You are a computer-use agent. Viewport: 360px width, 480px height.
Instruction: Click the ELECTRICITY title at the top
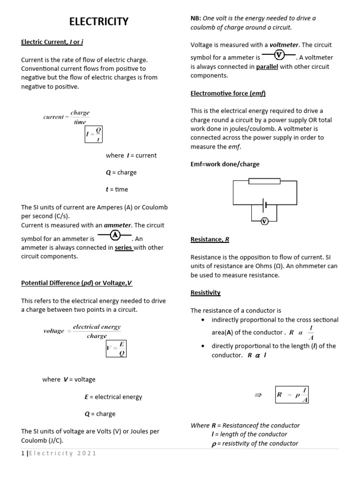(99, 22)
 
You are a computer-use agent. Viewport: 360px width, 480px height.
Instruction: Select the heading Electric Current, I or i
(52, 42)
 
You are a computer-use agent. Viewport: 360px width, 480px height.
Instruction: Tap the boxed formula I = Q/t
(94, 135)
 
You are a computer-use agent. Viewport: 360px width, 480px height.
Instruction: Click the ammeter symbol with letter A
(115, 235)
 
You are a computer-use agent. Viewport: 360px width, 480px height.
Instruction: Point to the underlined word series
(124, 247)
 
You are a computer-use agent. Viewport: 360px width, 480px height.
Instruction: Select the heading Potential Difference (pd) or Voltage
(77, 283)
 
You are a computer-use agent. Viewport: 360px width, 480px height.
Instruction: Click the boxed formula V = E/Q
(116, 348)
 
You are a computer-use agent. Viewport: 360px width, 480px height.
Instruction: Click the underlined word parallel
(267, 67)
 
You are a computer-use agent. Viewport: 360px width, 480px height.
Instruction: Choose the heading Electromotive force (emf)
(228, 93)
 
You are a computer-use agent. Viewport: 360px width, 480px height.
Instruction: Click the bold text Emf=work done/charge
(225, 164)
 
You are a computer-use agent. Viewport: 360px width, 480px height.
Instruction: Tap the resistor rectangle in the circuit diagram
(264, 181)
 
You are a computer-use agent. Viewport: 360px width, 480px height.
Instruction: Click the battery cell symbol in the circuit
(264, 205)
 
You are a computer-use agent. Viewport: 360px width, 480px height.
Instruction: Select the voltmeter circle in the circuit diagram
(264, 221)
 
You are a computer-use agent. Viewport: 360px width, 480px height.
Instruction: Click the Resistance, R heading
(210, 239)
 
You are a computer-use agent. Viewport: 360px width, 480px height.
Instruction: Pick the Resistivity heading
(205, 292)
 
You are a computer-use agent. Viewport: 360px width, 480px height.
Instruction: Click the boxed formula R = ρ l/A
(292, 395)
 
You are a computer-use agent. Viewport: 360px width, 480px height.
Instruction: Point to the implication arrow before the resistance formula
(257, 395)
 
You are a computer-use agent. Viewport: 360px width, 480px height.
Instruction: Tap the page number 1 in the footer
(23, 453)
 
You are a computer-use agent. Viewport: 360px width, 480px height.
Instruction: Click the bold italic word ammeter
(118, 225)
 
